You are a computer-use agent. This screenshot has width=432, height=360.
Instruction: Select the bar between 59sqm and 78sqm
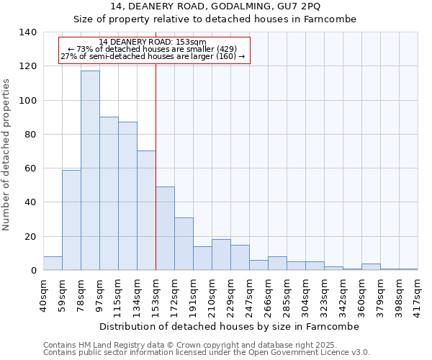tap(71, 220)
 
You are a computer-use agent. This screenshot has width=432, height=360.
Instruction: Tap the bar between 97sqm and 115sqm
tap(109, 194)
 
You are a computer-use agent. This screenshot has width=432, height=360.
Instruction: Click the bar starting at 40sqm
tap(53, 264)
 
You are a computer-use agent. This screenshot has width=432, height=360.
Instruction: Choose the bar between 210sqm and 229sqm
tap(221, 255)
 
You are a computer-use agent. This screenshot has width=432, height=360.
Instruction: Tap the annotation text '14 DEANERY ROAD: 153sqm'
tap(153, 42)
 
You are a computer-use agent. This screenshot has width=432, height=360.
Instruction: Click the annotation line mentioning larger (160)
tap(153, 56)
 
